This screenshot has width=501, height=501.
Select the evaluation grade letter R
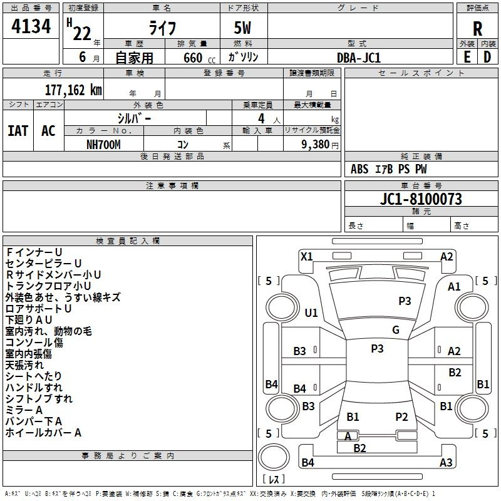tap(477, 29)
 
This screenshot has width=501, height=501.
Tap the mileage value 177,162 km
tap(73, 90)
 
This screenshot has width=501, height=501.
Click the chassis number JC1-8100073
tap(421, 199)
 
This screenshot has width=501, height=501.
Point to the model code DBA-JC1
tap(359, 57)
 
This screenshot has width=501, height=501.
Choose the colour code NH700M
tap(104, 143)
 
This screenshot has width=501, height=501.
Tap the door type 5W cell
tap(243, 29)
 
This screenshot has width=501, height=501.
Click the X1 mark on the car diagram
tap(306, 256)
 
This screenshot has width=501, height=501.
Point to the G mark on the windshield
tap(395, 330)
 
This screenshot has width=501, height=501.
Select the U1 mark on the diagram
tap(311, 312)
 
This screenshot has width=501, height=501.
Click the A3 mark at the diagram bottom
tap(446, 463)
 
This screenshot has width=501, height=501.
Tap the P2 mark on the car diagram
tap(401, 416)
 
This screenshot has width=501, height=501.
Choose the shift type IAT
tap(18, 131)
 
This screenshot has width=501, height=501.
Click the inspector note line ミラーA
tap(24, 410)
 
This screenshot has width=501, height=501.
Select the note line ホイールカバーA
tap(43, 432)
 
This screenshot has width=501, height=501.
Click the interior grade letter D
tap(487, 56)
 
